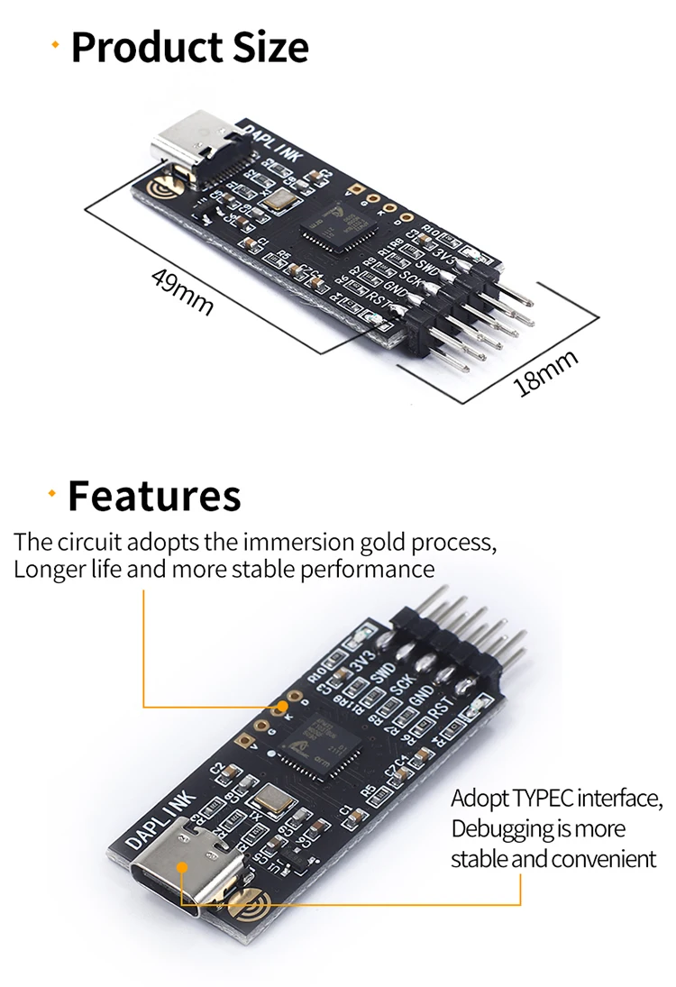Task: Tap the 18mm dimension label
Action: point(545,373)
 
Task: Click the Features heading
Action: point(154,496)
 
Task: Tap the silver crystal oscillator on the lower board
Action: point(271,798)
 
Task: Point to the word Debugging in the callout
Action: point(498,828)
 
